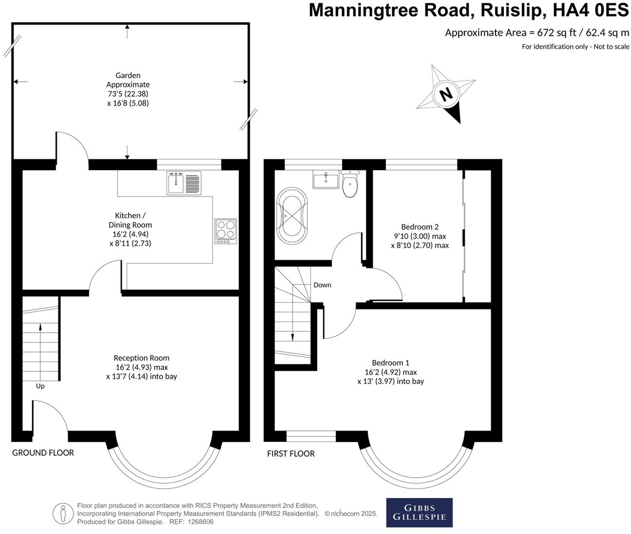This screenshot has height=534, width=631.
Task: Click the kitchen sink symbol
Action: pos(184,183)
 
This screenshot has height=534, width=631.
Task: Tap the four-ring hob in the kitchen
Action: pos(226,231)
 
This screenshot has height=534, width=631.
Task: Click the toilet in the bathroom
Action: pos(349,185)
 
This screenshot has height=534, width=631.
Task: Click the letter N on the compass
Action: pos(445,94)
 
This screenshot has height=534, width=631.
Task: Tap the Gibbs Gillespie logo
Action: pos(419,512)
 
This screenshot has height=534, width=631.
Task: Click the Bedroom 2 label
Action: pos(420,227)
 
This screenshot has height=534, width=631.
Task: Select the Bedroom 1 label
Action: pos(390,362)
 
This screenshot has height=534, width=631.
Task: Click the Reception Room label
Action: pos(141,358)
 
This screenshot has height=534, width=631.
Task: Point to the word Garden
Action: pos(128,75)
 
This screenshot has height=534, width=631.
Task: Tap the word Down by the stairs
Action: pos(322,285)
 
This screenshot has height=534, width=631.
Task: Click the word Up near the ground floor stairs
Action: pos(40,386)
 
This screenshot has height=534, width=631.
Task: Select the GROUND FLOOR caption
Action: pos(43,453)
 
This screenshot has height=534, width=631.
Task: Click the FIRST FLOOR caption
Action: pos(291,454)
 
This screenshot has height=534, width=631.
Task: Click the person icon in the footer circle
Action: pos(62,513)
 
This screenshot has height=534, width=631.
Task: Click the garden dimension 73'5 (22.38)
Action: pos(128,94)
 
